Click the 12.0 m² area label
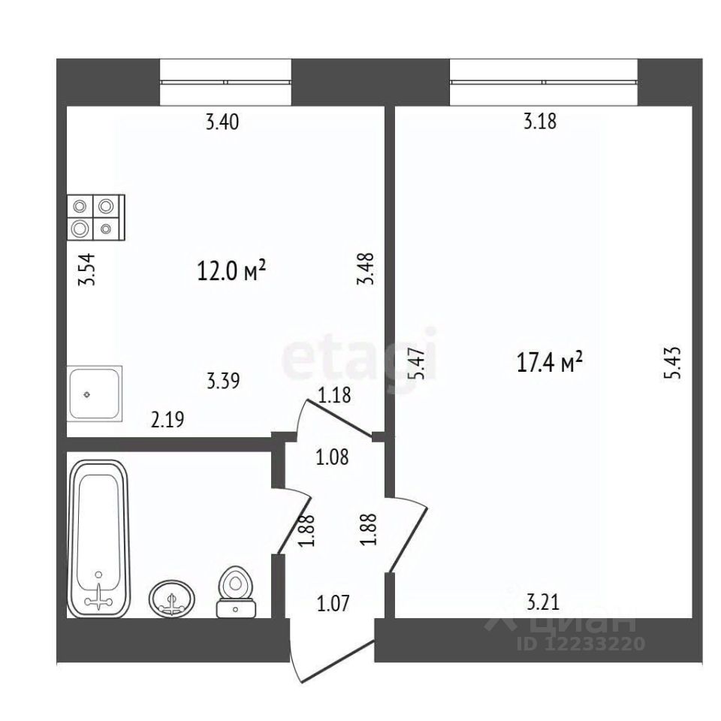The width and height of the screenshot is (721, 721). pos(231,270)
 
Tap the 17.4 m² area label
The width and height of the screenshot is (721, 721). pos(550,362)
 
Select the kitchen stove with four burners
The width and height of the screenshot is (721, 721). pos(96,218)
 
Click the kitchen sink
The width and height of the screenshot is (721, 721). pos(95,394)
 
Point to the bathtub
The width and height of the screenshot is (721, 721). pos(99,539)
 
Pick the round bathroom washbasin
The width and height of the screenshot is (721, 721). pos(172,599)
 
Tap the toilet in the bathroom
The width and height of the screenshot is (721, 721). pos(236,592)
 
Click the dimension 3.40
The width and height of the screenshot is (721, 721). pos(222,122)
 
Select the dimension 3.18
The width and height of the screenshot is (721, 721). pos(540,122)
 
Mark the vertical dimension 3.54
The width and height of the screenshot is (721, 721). pos(86,270)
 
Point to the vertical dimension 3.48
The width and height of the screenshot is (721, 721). pos(366,269)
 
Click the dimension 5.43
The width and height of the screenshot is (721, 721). pos(671,363)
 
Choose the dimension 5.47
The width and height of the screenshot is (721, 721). pos(417,363)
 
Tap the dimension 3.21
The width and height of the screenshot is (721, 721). pos(542,602)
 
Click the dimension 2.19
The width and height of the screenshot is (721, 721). pos(167,419)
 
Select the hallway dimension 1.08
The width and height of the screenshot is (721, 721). pos(332,457)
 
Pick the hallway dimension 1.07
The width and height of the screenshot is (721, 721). pos(333,603)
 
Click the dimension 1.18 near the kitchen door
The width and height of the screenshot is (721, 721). pos(334,396)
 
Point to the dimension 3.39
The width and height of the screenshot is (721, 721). pos(223,382)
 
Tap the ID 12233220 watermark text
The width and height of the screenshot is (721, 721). pos(581,644)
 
